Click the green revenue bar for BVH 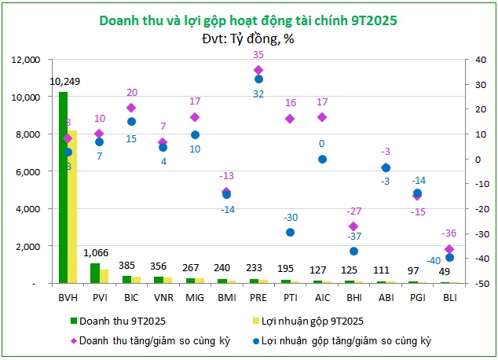tap(63, 187)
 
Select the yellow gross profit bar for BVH tap(72, 207)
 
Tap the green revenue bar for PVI tap(95, 274)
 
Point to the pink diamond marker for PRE tap(258, 70)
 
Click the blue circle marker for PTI tap(290, 233)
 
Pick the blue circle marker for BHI tap(353, 252)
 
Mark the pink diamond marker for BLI tap(449, 249)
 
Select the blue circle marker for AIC tap(322, 160)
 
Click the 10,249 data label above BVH tap(64, 82)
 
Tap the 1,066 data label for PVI tap(96, 253)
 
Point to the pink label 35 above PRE tap(258, 55)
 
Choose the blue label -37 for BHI tap(354, 237)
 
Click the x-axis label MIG tap(195, 298)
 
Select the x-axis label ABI tap(386, 298)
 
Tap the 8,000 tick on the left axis tap(28, 134)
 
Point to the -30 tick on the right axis tap(480, 234)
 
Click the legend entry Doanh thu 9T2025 tap(118, 321)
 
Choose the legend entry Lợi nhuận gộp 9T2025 tap(308, 321)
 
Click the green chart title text tap(248, 20)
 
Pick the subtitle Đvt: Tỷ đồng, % tap(248, 39)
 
